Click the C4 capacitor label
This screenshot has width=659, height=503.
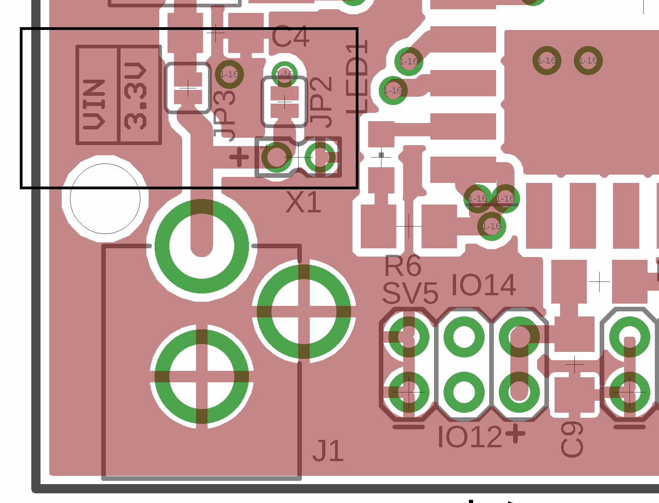click(290, 37)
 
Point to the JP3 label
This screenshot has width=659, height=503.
click(225, 115)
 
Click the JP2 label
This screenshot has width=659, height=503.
click(321, 102)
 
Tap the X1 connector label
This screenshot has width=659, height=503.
click(303, 202)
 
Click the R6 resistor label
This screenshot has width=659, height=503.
click(403, 266)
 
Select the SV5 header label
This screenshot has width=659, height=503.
click(410, 293)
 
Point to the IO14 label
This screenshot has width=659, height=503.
click(484, 286)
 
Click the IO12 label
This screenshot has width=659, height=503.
click(469, 437)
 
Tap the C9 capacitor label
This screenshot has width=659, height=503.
click(572, 440)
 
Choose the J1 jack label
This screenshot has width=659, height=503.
click(328, 451)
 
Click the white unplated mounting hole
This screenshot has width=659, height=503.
click(105, 199)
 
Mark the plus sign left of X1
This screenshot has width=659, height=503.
click(239, 157)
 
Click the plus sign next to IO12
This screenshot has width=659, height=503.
click(515, 433)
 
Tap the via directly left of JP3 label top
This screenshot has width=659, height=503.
click(229, 74)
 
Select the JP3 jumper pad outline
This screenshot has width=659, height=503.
click(188, 88)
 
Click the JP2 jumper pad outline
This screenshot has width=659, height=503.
click(284, 102)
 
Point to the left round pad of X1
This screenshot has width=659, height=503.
click(276, 157)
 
